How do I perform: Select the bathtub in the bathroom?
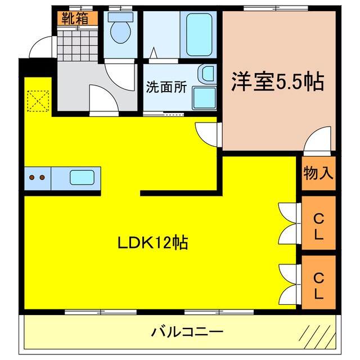click(x=199, y=34)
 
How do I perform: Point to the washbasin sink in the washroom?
click(x=206, y=74)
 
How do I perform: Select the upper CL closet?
click(x=318, y=223)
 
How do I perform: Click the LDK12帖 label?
click(x=152, y=243)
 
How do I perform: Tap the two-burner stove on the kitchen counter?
click(x=37, y=178)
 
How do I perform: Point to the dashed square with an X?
click(x=38, y=101)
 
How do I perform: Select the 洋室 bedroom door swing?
click(x=318, y=141)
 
